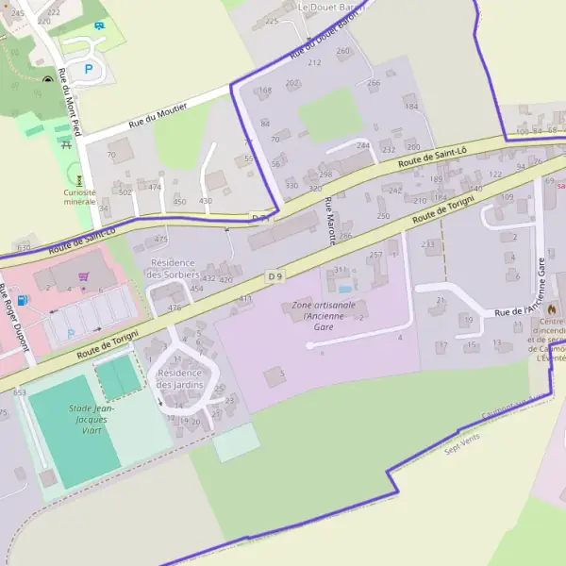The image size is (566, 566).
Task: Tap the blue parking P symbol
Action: [90, 69]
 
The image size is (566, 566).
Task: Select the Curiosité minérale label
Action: [79, 196]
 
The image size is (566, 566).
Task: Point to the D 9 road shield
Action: [275, 276]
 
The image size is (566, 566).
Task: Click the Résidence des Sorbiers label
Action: [173, 268]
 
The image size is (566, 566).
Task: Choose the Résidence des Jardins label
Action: [179, 378]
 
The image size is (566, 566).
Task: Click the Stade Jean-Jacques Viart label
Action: [87, 419]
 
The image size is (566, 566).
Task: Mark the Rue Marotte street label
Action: [331, 223]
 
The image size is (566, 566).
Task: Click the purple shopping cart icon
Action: [84, 277]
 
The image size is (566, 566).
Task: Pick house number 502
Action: [125, 191]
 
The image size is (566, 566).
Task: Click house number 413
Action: [246, 298]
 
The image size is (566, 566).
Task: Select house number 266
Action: [373, 83]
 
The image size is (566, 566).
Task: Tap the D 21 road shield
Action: [261, 218]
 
